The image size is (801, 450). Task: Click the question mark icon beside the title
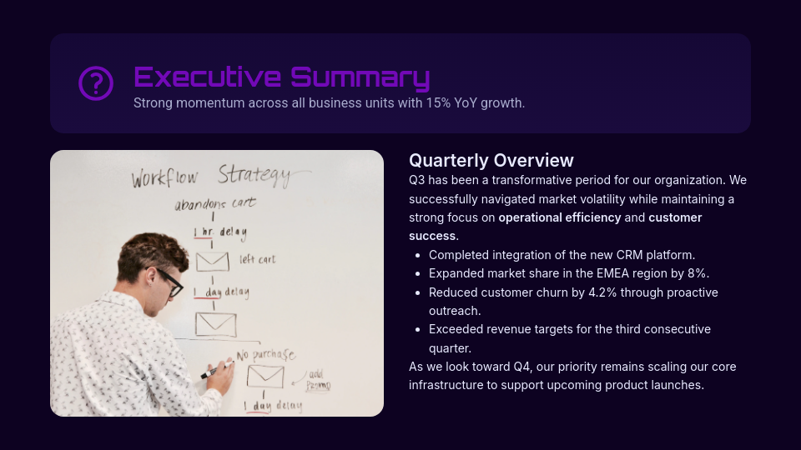[96, 83]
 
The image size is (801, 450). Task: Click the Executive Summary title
[281, 77]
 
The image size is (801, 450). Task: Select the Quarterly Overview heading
[491, 160]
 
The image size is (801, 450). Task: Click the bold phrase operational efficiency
[559, 217]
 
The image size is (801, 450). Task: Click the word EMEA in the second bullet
[609, 273]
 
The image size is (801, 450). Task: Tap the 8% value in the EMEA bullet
[698, 273]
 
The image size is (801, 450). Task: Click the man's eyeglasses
[169, 281]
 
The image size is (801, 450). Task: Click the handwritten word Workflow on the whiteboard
[164, 178]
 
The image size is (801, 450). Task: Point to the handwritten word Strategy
[255, 175]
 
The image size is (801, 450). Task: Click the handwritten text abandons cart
[214, 203]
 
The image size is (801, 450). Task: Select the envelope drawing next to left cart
[212, 262]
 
